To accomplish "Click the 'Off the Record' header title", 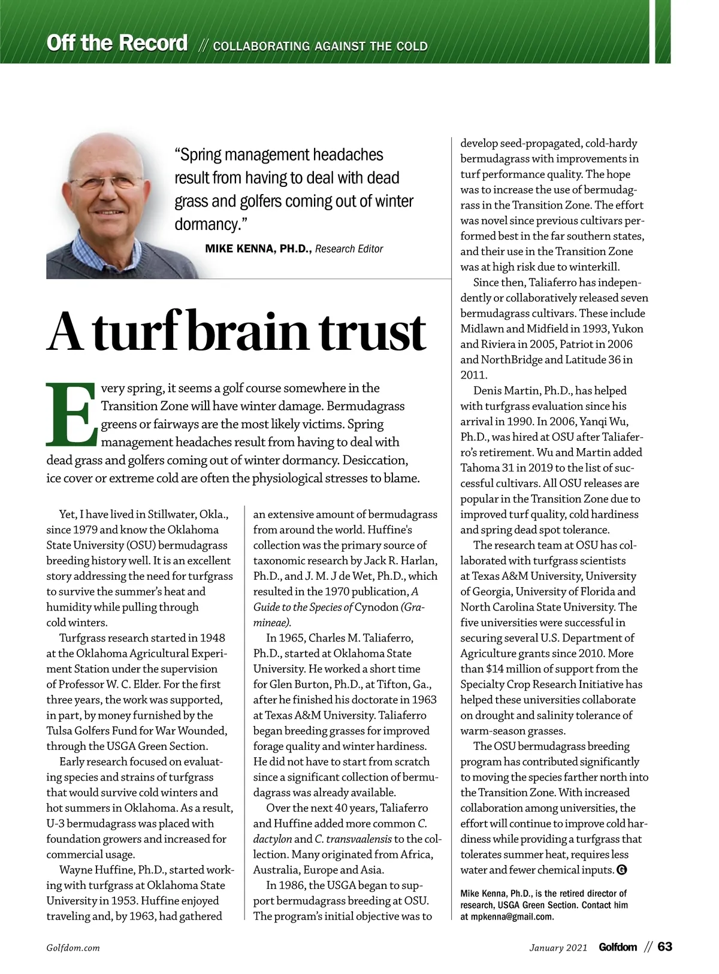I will [x=117, y=43].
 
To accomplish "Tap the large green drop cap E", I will [x=71, y=415].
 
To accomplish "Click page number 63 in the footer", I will [x=664, y=947].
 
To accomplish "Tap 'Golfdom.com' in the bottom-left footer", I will [x=73, y=948].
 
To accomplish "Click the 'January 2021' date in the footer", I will [x=558, y=948].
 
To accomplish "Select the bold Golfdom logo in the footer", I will [x=618, y=947].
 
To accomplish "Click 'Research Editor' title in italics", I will [x=349, y=249].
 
